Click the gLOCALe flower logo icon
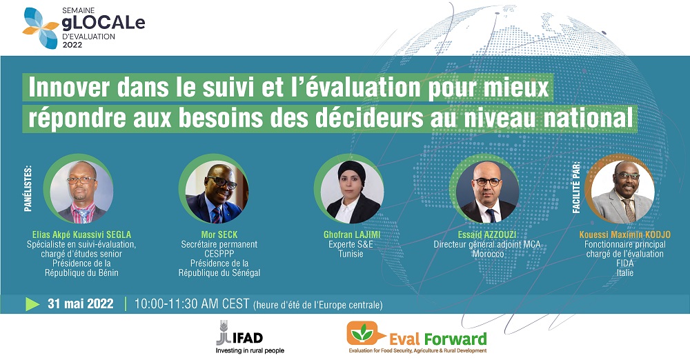(41, 28)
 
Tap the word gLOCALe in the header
(103, 23)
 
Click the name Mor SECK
(219, 234)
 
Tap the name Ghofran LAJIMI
(352, 234)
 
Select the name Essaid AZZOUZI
(487, 234)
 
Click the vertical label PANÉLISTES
(28, 188)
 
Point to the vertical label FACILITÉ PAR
(575, 188)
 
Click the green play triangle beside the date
(32, 303)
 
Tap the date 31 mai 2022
(81, 303)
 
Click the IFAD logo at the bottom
(245, 337)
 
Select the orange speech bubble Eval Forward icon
(362, 333)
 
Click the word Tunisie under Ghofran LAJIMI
(351, 254)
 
